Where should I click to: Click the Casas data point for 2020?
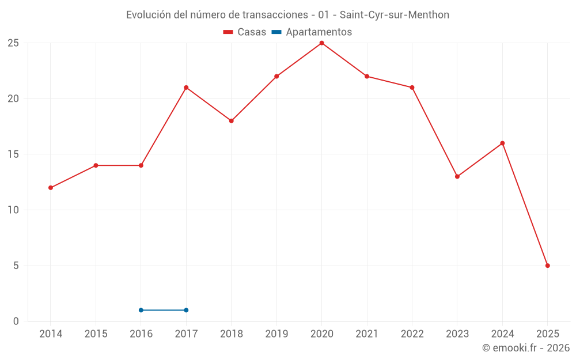click(x=321, y=43)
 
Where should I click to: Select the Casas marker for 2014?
click(x=51, y=188)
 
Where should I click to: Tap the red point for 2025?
click(x=547, y=266)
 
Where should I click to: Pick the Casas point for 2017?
click(x=186, y=88)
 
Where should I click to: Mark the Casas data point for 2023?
click(x=457, y=177)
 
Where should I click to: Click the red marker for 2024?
click(x=502, y=143)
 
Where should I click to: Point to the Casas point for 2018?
click(x=231, y=121)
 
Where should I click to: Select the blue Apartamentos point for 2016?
click(x=141, y=310)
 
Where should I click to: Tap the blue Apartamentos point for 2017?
click(x=186, y=310)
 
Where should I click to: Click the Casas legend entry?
click(x=245, y=32)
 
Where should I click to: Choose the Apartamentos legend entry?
click(x=312, y=32)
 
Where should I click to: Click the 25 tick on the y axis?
click(x=13, y=43)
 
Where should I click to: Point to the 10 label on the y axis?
click(x=13, y=210)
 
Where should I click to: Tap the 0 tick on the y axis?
click(x=16, y=321)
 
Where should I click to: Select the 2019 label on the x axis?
click(x=276, y=334)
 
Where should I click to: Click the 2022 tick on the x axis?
click(x=412, y=334)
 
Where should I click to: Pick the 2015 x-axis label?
click(x=96, y=334)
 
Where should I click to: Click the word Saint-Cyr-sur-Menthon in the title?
click(x=395, y=15)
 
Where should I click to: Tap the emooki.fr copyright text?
click(x=526, y=348)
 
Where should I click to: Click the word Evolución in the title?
click(x=149, y=15)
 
